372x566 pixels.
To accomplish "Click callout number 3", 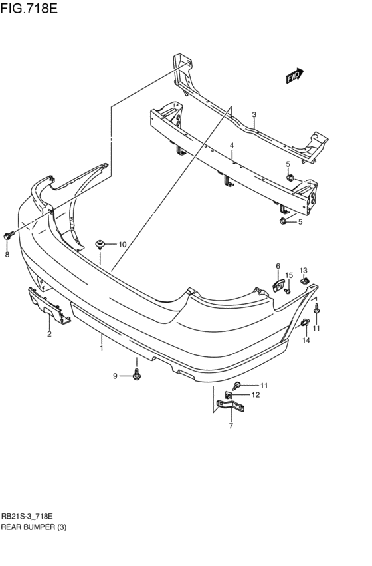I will point(254,115).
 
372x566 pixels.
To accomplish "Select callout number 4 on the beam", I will point(232,146).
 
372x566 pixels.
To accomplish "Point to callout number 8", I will point(8,254).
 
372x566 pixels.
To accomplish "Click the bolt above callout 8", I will point(9,235).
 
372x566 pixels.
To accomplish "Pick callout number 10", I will point(122,245).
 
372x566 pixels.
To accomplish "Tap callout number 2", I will point(49,334).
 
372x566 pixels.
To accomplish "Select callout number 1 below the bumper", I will point(101,347).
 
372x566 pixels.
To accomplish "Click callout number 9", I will point(115,376).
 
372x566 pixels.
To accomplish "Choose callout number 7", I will point(231,426).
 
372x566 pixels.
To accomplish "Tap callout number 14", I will point(306,340).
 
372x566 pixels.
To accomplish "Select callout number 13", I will point(303,270).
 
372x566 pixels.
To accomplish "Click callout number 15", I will point(289,275).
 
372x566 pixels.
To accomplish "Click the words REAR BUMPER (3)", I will point(35,527).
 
